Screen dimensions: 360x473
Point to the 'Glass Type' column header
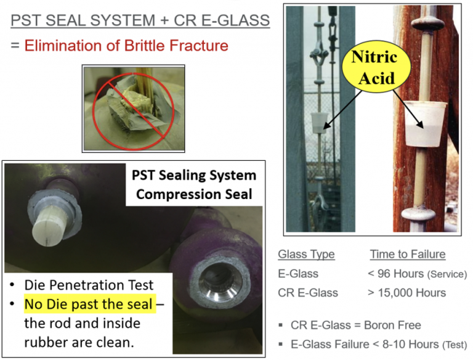(306, 254)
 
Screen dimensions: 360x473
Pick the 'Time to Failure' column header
(407, 254)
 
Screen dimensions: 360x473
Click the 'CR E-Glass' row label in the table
(307, 292)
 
